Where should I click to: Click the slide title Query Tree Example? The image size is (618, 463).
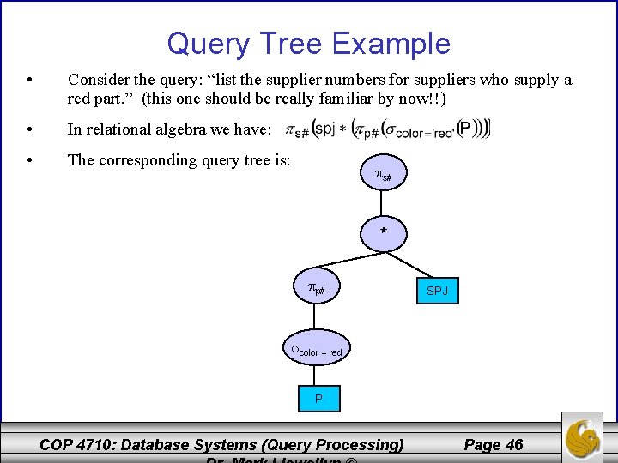point(308,44)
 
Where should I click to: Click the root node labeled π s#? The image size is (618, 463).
point(384,176)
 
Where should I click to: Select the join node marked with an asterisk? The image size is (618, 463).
point(384,232)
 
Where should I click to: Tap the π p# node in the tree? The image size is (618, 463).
point(317,290)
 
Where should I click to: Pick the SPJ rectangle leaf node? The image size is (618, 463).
point(438,292)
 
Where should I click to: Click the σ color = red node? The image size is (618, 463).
point(317,350)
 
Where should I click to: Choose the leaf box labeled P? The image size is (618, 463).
point(318,399)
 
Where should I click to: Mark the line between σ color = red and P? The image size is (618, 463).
point(318,376)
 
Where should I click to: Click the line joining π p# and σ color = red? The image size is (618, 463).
point(317,321)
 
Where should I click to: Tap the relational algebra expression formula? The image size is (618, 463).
point(388,129)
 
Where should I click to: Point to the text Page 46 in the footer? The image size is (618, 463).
point(493,444)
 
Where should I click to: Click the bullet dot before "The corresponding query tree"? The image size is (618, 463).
point(30,159)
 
